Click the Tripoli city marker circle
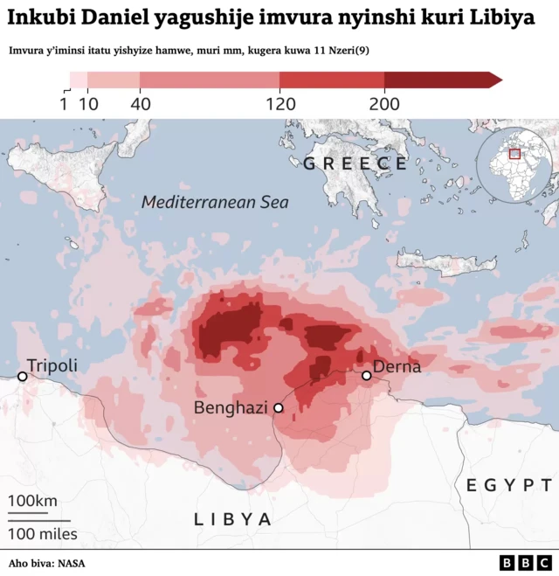pyautogui.click(x=23, y=377)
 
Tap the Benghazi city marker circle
pyautogui.click(x=279, y=408)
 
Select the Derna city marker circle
pyautogui.click(x=367, y=376)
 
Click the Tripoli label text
pyautogui.click(x=52, y=365)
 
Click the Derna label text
pyautogui.click(x=397, y=366)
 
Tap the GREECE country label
pyautogui.click(x=355, y=163)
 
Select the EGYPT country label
pyautogui.click(x=509, y=485)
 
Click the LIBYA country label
pyautogui.click(x=233, y=519)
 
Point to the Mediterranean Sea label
pyautogui.click(x=216, y=202)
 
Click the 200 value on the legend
pyautogui.click(x=384, y=104)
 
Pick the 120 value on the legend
pyautogui.click(x=279, y=104)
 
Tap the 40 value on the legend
pyautogui.click(x=140, y=104)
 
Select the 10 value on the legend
pyautogui.click(x=88, y=104)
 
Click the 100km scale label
pyautogui.click(x=33, y=501)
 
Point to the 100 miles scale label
pyautogui.click(x=43, y=533)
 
